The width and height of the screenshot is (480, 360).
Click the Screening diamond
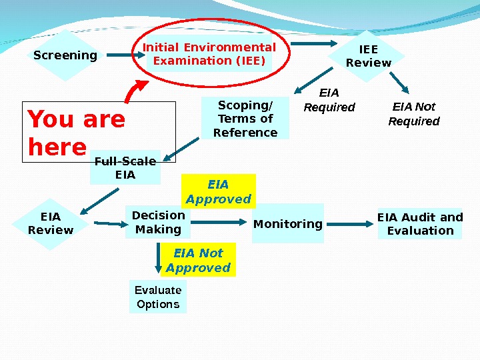(x=65, y=55)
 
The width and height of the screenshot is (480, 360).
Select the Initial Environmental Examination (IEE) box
(x=209, y=54)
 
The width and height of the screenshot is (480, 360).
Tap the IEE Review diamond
(x=368, y=56)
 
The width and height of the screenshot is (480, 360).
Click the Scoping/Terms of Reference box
(x=245, y=118)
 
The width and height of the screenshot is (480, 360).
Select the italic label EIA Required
(x=329, y=100)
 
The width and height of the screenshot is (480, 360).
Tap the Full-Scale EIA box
(x=125, y=168)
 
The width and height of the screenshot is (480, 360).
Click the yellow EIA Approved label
(x=219, y=191)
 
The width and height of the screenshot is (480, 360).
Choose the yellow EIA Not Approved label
(x=198, y=260)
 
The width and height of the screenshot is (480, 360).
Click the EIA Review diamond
(x=51, y=223)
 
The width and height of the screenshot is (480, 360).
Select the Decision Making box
(x=158, y=222)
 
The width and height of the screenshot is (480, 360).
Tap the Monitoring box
(x=288, y=223)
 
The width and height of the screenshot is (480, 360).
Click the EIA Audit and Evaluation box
(x=420, y=223)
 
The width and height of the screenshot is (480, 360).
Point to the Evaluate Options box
(x=158, y=297)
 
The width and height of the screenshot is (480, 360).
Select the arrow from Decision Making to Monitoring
(x=220, y=221)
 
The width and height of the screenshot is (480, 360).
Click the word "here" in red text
(x=57, y=147)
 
